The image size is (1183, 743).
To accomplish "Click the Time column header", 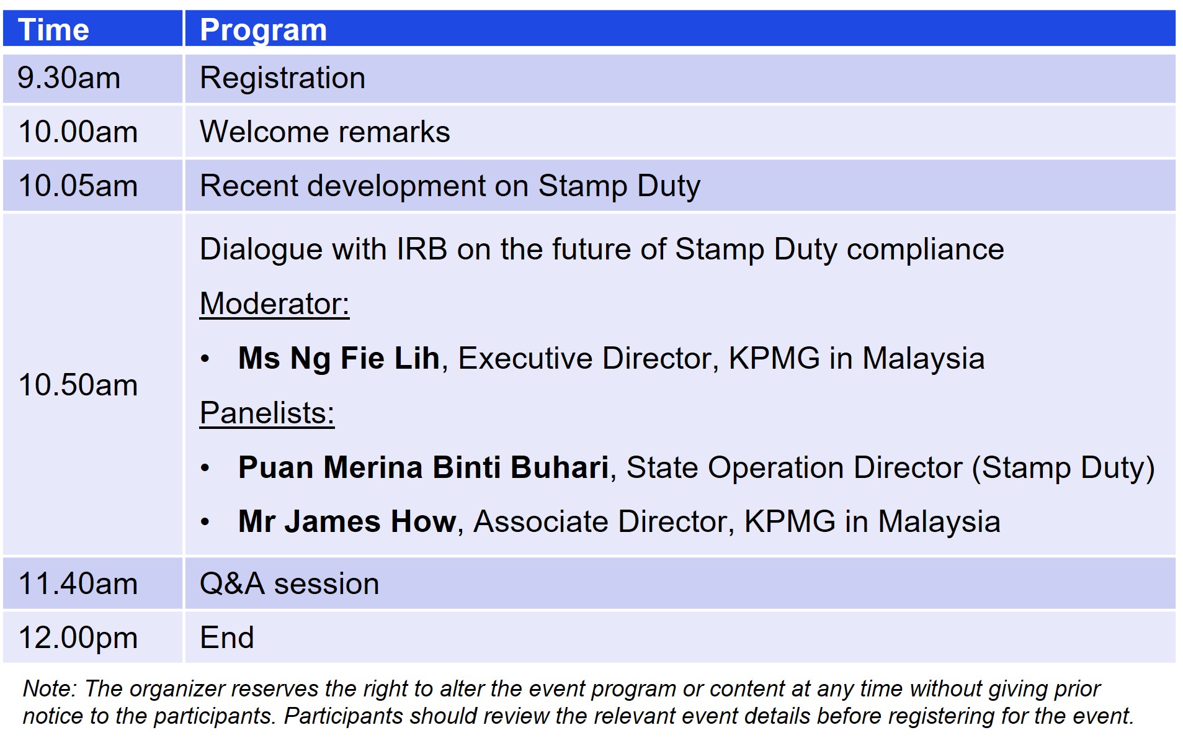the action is coord(53,30).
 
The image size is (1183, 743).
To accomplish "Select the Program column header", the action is coord(263,30).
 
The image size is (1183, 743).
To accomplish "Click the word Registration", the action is coord(282,79).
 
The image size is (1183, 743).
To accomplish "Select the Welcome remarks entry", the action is coord(324,132).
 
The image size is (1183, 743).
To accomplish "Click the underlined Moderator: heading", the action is coord(274,304).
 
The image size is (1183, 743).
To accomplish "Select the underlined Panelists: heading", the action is coord(267,413).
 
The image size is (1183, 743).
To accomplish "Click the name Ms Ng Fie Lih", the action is coord(339,359).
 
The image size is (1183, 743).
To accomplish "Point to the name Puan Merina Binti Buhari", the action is coord(423,467).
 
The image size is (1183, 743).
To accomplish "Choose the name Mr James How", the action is coord(347,521).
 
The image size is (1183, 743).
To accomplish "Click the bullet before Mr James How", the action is coord(205,522).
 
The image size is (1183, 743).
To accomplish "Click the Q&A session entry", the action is coord(289,584).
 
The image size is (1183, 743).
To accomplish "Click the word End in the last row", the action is coord(226,638).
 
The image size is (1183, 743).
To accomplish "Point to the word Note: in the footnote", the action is coord(50,689).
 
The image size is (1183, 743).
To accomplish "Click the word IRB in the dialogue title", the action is coord(422,250).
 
